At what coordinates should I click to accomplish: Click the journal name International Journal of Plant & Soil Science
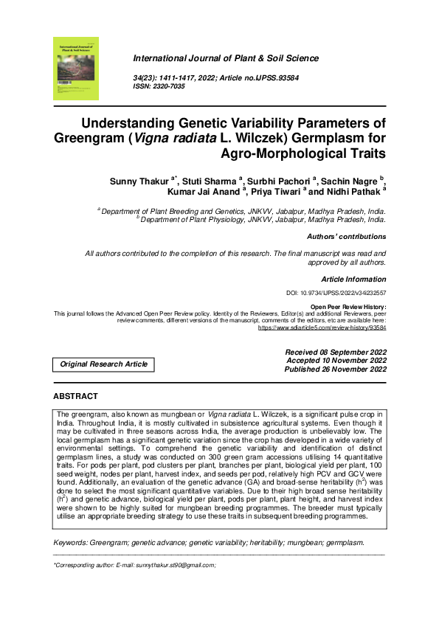point(226,58)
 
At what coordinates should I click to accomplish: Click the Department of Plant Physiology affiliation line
point(262,219)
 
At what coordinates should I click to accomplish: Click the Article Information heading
point(353,280)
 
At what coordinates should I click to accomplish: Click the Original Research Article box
point(103,364)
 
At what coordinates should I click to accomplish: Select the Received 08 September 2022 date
point(336,352)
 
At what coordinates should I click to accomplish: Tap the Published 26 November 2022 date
point(336,370)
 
